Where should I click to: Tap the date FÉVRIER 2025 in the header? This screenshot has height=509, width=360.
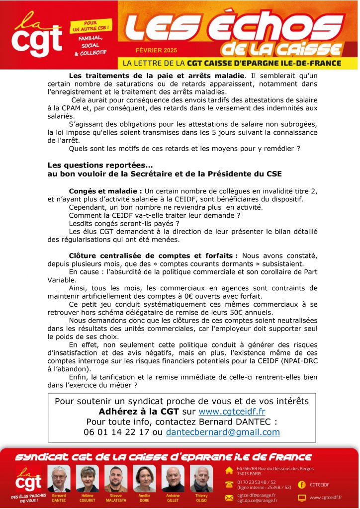(x=156, y=51)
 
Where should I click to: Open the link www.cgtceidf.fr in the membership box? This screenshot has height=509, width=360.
(x=232, y=412)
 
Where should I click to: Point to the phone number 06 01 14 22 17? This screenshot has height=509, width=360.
(x=117, y=432)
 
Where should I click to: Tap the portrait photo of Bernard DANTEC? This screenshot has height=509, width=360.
(x=59, y=479)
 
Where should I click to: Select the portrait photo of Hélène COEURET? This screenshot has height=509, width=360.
(x=88, y=479)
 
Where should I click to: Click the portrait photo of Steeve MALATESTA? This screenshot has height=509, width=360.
(x=116, y=479)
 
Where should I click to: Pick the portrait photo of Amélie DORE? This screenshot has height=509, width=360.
(x=144, y=479)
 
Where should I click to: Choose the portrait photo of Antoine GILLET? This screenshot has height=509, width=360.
(x=173, y=479)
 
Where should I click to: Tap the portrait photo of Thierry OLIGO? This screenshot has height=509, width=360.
(x=201, y=479)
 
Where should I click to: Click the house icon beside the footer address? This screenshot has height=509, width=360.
(x=230, y=470)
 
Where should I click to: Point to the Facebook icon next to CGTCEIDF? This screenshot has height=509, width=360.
(x=301, y=484)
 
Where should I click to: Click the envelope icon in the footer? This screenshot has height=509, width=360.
(x=230, y=497)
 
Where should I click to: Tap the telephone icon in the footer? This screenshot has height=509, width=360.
(x=230, y=484)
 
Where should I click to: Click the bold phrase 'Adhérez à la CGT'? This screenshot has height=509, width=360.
(x=134, y=412)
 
